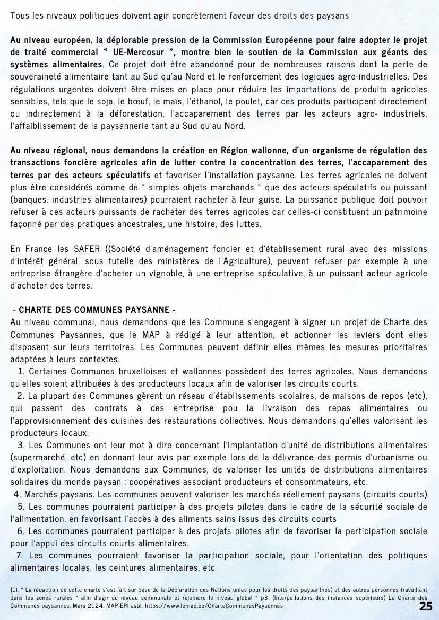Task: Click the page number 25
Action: click(426, 607)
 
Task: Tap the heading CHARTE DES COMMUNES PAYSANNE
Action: click(93, 310)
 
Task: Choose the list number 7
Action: click(19, 555)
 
